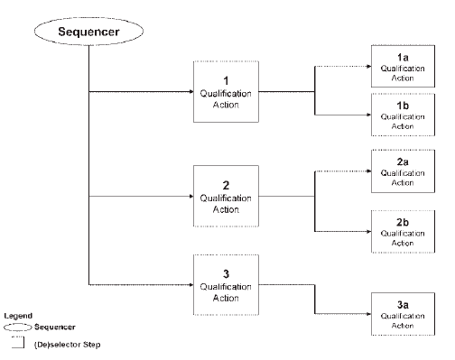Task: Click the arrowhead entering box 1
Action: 191,91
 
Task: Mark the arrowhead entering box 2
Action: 191,196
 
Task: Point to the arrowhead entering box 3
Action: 191,284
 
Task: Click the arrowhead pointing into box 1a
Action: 369,66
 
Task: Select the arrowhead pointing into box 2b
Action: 369,232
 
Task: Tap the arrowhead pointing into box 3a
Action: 369,314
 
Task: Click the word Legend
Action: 18,316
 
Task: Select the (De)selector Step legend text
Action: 67,345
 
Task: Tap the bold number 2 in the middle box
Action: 226,185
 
